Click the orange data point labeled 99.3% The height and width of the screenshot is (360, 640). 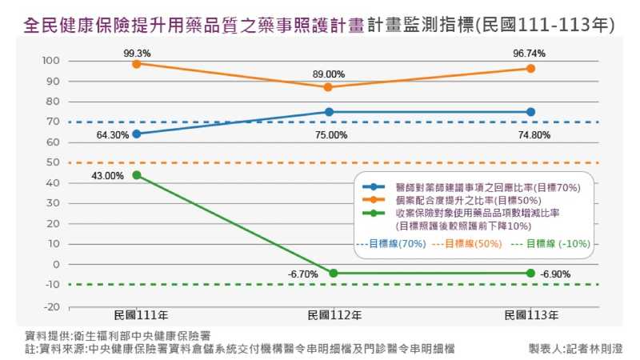click(x=137, y=63)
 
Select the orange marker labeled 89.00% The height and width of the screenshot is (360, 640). click(x=329, y=86)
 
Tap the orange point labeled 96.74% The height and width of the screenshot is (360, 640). click(x=530, y=69)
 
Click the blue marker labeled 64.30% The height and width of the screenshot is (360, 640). click(x=137, y=134)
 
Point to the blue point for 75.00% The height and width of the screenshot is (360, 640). click(x=329, y=112)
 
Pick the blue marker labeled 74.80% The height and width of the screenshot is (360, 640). click(x=530, y=112)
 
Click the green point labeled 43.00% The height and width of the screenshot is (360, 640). click(x=137, y=175)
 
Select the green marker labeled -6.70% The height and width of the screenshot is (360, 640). click(x=334, y=273)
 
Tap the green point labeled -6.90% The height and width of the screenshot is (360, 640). click(x=530, y=273)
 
